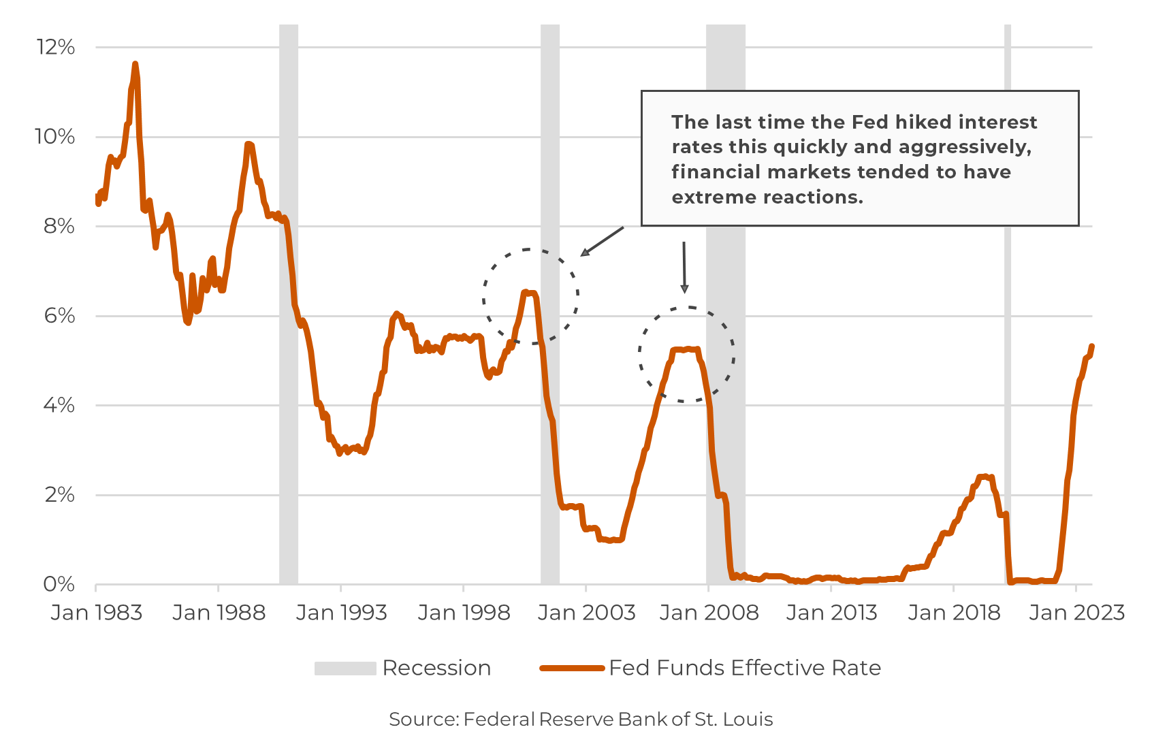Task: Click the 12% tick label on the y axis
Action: [x=55, y=47]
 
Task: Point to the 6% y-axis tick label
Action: [x=59, y=316]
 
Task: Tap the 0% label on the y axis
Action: [x=59, y=584]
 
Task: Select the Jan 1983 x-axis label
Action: [x=96, y=613]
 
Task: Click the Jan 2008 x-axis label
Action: [x=709, y=613]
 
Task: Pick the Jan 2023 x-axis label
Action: [x=1076, y=613]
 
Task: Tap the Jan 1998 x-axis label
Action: [x=464, y=613]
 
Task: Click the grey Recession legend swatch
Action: [x=345, y=669]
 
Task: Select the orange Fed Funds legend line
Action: [x=572, y=669]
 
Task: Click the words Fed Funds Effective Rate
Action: [x=745, y=668]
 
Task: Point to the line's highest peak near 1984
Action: [x=135, y=65]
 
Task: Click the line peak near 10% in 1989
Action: [x=249, y=144]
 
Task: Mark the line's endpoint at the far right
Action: [x=1091, y=347]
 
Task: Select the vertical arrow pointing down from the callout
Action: [x=684, y=267]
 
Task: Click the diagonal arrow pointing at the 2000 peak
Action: [x=602, y=242]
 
